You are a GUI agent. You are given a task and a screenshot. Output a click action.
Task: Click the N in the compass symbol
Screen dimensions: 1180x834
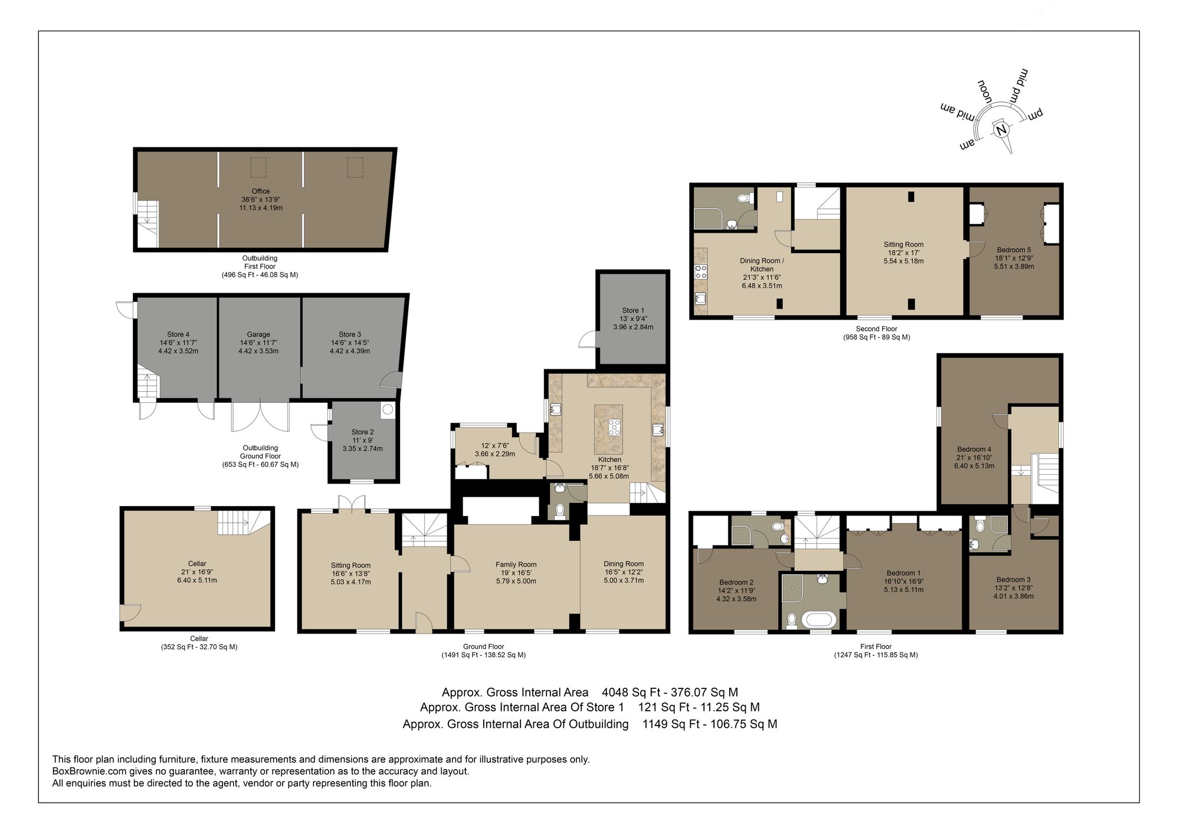[1001, 130]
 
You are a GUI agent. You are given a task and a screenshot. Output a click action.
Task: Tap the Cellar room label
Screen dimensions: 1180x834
[197, 564]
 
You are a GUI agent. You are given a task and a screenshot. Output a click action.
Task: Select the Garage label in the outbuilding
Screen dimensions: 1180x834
[258, 334]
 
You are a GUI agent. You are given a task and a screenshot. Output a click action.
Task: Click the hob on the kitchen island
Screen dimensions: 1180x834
[614, 426]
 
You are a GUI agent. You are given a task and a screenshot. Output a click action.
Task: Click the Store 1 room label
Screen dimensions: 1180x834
[633, 310]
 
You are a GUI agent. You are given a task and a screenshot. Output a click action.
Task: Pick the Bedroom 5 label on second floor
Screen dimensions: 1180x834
[1014, 250]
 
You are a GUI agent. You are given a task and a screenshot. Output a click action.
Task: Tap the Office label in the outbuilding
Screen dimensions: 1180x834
[261, 191]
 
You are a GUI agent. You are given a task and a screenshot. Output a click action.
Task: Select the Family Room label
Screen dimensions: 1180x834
[516, 564]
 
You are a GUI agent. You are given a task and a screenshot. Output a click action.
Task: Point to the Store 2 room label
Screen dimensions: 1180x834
[362, 432]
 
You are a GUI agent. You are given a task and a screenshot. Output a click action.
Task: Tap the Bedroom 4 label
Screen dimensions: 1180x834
[974, 449]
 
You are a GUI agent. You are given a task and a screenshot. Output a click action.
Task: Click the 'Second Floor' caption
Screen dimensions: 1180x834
[876, 329]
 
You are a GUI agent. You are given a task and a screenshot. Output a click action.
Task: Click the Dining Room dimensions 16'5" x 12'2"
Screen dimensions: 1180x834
[624, 572]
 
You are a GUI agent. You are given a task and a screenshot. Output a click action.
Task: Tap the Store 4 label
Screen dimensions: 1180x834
[178, 334]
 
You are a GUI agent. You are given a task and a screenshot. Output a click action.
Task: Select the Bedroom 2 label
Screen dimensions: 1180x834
[736, 582]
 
